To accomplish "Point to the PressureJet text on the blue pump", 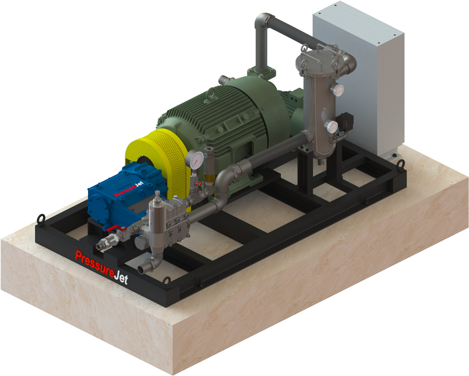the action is (129, 189).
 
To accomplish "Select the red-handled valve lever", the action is (116, 229).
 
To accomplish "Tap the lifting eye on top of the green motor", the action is (212, 93).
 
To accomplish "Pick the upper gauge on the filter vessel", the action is (338, 89).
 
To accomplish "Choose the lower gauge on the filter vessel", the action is (331, 126).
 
